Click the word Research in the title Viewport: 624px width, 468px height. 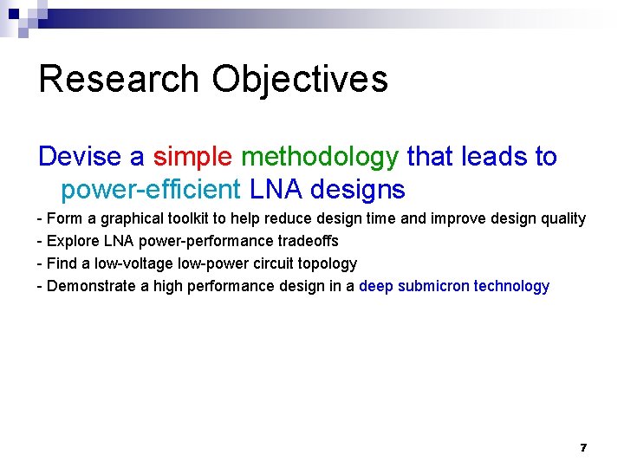tap(120, 79)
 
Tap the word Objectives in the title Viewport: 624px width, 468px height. tap(300, 79)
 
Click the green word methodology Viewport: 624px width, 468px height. tap(319, 157)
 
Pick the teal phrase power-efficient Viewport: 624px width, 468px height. tap(150, 188)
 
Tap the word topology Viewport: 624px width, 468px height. tap(326, 263)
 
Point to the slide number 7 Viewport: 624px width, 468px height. tap(583, 448)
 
